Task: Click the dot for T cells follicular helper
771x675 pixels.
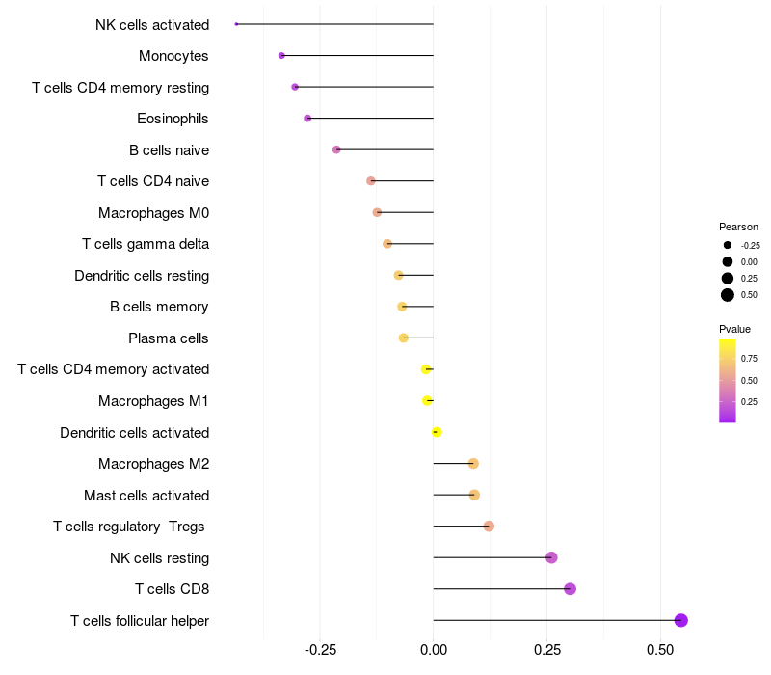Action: (x=680, y=620)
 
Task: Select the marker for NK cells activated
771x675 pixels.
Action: (x=236, y=24)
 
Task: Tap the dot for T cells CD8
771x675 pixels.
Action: (x=570, y=589)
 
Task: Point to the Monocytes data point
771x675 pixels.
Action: (x=281, y=56)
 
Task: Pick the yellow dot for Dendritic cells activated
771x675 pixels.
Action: (x=437, y=432)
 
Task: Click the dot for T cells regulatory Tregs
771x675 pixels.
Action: (x=489, y=526)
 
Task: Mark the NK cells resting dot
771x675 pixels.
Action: (x=551, y=557)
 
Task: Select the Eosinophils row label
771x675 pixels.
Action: (x=173, y=119)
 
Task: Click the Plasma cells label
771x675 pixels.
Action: (x=169, y=338)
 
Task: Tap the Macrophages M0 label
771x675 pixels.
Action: (x=153, y=213)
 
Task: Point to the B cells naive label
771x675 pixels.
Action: (x=169, y=150)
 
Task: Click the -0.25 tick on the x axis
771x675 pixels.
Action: (x=320, y=650)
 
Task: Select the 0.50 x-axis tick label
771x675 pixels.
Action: (x=660, y=650)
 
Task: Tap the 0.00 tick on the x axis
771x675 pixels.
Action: (x=434, y=650)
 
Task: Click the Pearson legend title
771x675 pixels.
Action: (x=738, y=227)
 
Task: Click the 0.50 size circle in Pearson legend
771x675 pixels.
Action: (x=728, y=295)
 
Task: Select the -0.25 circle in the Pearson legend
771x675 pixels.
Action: (x=728, y=246)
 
